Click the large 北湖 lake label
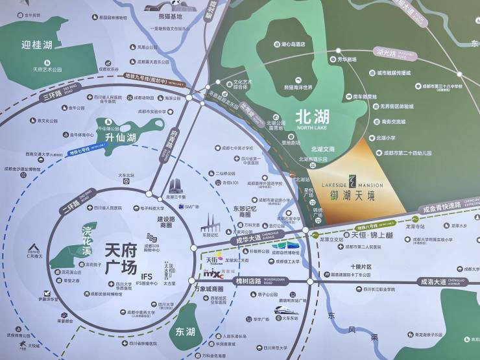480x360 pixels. (x=312, y=117)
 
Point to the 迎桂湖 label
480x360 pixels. (x=36, y=45)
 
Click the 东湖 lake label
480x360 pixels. (x=184, y=331)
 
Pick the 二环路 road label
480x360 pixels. (x=68, y=207)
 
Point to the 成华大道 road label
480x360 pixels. (x=247, y=240)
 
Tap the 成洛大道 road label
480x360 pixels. (x=433, y=282)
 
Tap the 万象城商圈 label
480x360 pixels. (x=209, y=288)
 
